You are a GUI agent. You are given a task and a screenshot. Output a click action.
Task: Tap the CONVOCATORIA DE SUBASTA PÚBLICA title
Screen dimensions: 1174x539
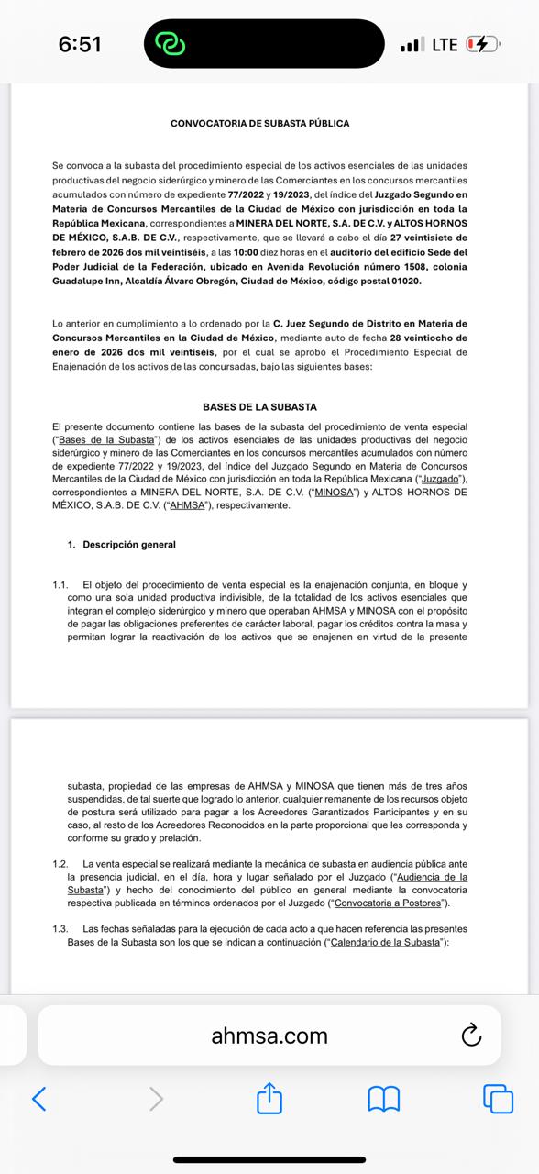point(259,123)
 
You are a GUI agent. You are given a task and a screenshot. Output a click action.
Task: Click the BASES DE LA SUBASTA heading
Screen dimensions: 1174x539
point(259,406)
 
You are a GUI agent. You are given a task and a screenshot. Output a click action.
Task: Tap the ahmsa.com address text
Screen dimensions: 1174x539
point(269,1036)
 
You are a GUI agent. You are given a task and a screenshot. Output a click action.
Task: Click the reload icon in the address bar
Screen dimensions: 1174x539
point(471,1036)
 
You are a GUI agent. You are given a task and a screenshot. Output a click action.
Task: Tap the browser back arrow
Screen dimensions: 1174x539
point(38,1098)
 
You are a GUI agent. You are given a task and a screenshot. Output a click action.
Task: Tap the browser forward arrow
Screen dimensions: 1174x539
point(156,1098)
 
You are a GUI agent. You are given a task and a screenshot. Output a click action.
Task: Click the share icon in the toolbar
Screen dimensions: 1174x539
point(269,1098)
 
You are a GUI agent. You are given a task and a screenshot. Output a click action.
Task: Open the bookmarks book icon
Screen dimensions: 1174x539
point(383,1098)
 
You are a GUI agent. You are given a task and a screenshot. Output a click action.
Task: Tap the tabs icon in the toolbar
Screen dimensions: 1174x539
point(497,1098)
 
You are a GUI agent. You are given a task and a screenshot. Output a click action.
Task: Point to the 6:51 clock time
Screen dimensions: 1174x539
point(80,44)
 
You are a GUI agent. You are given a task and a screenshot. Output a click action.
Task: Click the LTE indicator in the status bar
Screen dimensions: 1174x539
point(445,44)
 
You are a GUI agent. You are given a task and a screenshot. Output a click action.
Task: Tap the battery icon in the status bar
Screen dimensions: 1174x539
point(482,44)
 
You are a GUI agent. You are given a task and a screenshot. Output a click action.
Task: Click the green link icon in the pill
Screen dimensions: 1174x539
point(171,44)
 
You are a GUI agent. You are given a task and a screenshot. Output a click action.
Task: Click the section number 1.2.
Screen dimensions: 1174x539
point(60,864)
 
